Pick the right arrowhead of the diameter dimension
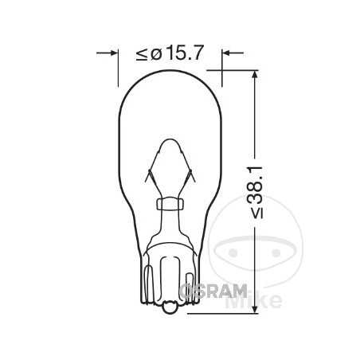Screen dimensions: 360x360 (x=225, y=53)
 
